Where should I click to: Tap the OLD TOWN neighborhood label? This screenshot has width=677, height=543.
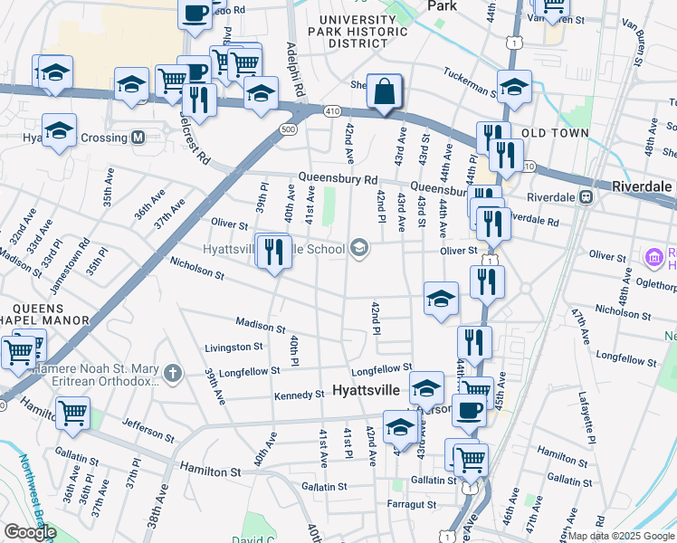tap(556, 133)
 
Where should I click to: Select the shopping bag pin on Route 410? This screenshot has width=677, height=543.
tap(385, 91)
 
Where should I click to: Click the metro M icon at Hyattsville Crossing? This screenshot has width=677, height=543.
tap(138, 138)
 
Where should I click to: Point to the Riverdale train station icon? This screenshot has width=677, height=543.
tap(586, 196)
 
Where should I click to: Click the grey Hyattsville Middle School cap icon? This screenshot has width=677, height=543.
tap(359, 249)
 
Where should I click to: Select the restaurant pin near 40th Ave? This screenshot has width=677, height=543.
tap(273, 252)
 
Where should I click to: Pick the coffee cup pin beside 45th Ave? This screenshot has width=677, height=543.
tap(469, 410)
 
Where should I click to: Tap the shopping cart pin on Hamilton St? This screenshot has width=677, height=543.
tap(73, 414)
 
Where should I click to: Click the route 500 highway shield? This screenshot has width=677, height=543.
tap(288, 130)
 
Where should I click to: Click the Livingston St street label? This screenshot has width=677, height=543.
tap(234, 347)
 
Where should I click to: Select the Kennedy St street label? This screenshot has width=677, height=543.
tap(300, 395)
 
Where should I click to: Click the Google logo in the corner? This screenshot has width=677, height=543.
tap(30, 532)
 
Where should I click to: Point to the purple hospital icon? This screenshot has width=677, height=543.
tap(654, 258)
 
